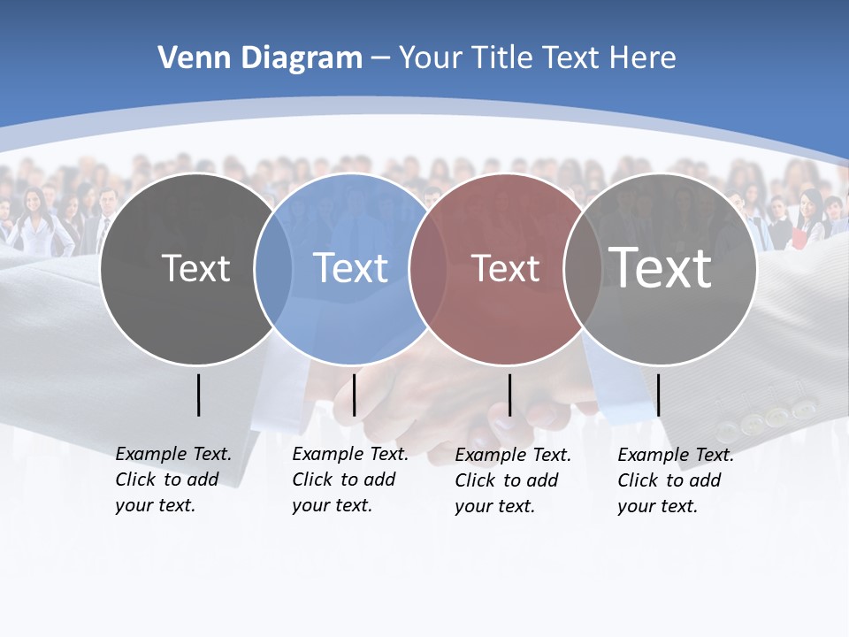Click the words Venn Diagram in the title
click(x=260, y=58)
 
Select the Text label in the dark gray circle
click(x=195, y=268)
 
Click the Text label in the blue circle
click(x=351, y=268)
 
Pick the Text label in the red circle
click(x=505, y=268)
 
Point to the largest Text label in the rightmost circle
click(x=661, y=267)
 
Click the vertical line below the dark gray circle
click(x=198, y=395)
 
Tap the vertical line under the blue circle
click(x=354, y=395)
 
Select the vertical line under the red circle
click(x=509, y=395)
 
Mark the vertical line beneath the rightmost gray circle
click(x=658, y=395)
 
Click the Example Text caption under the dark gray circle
click(x=172, y=480)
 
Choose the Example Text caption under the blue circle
click(x=349, y=480)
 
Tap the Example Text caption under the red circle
click(x=512, y=480)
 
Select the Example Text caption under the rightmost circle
click(x=675, y=480)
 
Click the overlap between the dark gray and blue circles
click(x=273, y=269)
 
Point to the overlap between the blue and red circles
click(x=427, y=269)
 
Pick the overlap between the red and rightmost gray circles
click(x=582, y=269)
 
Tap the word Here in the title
click(x=643, y=58)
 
